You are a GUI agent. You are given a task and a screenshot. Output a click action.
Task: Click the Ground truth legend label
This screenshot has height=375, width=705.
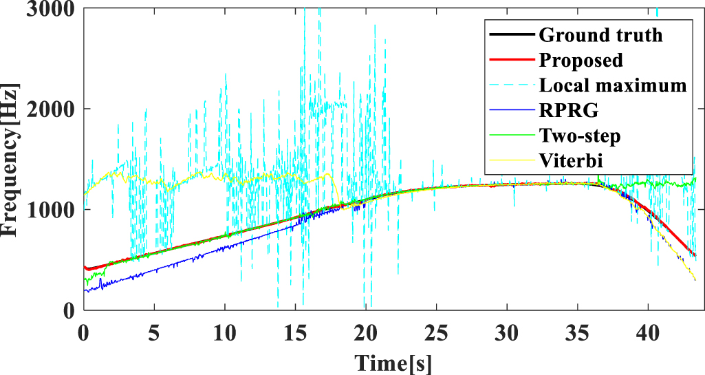pos(600,35)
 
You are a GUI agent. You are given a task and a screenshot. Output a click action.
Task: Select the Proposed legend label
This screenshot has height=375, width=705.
pos(581,61)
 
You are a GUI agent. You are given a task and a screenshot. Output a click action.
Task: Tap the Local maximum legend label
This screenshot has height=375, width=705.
pos(613,85)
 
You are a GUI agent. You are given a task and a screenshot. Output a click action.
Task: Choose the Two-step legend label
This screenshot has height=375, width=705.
pos(580,136)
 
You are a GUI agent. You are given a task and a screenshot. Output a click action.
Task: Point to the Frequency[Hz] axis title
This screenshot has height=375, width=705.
pos(12,159)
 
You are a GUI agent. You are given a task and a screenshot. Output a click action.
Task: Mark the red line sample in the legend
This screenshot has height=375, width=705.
pos(511,61)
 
